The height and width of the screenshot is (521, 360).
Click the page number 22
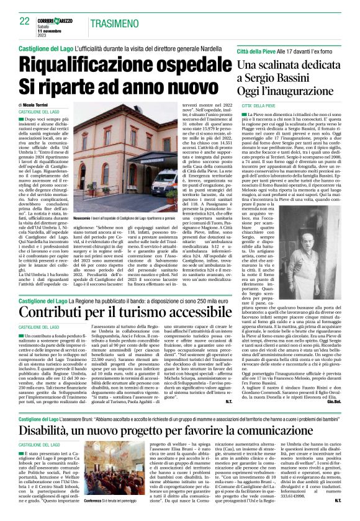(24, 21)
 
